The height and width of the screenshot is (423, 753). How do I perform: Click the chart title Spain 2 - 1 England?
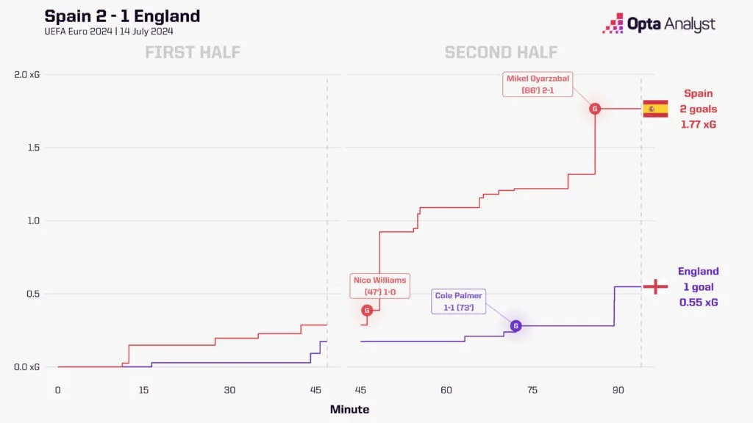tap(122, 16)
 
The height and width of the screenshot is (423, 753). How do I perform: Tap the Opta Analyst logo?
tap(658, 23)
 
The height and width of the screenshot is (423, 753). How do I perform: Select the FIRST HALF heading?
tap(193, 52)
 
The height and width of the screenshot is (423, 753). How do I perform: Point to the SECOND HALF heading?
tap(501, 52)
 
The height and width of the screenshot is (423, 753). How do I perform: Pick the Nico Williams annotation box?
tap(379, 286)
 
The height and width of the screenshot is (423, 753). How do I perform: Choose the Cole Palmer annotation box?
tap(459, 302)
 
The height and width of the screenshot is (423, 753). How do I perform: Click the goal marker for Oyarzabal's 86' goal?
tap(595, 109)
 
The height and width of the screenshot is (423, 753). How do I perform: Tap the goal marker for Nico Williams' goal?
tap(367, 311)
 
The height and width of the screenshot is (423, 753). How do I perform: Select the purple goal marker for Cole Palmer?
tap(515, 325)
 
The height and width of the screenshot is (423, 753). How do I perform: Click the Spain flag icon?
tap(654, 109)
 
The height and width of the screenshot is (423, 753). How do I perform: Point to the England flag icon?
tap(654, 286)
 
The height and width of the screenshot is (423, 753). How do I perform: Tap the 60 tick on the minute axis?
tap(446, 390)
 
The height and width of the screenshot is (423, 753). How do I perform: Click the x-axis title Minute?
tap(349, 409)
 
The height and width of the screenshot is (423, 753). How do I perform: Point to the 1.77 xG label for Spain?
tap(699, 124)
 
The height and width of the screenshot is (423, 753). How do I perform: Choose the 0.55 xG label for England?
tap(699, 302)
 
